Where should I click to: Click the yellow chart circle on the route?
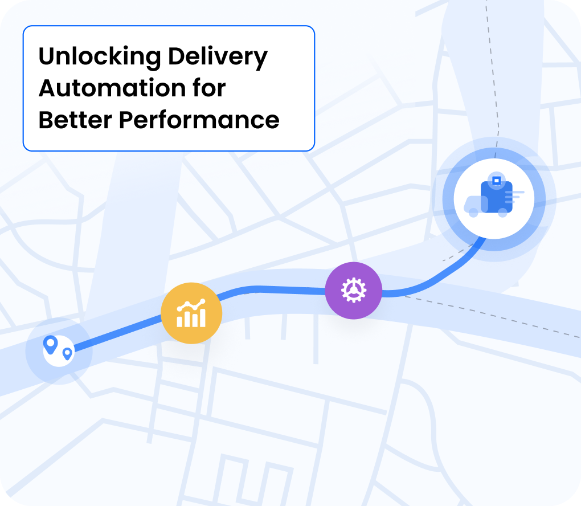pos(191,313)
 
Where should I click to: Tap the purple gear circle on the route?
pos(354,291)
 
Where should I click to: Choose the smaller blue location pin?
pos(67,354)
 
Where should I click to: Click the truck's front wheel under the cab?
pos(473,213)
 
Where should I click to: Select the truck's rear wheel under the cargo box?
pos(502,213)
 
